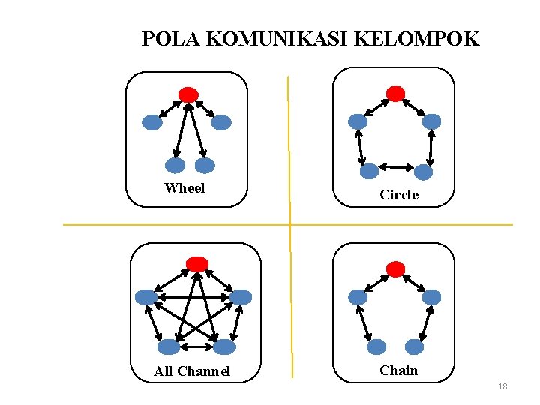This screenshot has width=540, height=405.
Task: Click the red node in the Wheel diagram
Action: (x=189, y=94)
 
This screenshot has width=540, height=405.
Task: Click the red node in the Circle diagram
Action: (x=395, y=93)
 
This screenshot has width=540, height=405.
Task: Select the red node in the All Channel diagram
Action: (x=197, y=263)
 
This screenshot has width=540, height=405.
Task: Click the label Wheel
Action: (x=184, y=188)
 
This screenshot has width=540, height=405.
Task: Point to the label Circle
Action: (x=399, y=195)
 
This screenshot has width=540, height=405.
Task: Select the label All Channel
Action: (x=192, y=371)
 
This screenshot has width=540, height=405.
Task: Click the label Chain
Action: (x=399, y=370)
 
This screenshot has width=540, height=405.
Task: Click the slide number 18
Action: (x=502, y=386)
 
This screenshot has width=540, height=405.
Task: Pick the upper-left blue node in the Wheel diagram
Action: (x=152, y=122)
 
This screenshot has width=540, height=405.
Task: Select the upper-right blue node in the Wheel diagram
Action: (x=221, y=122)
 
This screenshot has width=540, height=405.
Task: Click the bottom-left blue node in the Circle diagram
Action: (x=369, y=172)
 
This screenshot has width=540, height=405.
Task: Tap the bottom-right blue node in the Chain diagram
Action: (x=414, y=346)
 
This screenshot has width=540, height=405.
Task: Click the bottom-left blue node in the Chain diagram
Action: (x=376, y=346)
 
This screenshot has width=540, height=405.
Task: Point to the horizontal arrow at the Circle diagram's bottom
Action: (x=396, y=166)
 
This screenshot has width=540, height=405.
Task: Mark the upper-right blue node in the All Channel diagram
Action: (x=241, y=297)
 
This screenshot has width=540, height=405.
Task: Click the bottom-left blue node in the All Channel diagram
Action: (x=169, y=346)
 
